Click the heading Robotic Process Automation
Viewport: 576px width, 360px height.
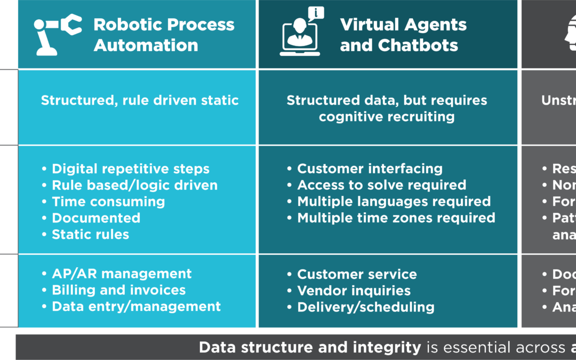(x=164, y=35)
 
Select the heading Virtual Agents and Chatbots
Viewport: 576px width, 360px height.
(x=403, y=35)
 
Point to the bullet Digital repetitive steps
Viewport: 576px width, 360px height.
(x=130, y=169)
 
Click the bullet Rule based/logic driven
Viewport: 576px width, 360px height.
(x=134, y=186)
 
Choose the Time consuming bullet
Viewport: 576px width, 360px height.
(x=108, y=202)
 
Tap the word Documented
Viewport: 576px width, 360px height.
(x=96, y=218)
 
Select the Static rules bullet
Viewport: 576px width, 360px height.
(x=90, y=234)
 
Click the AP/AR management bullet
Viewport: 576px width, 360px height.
(x=122, y=274)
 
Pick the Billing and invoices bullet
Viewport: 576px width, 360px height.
(x=118, y=290)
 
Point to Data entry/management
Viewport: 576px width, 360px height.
(x=136, y=307)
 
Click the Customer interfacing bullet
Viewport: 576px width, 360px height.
(x=370, y=169)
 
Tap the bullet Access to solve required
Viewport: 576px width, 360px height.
(x=381, y=186)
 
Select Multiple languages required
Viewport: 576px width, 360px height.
(x=394, y=202)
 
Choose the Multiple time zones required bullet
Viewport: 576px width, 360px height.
(x=396, y=218)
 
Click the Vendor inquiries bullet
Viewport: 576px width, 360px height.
(x=354, y=291)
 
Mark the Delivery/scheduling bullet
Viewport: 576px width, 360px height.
(x=365, y=307)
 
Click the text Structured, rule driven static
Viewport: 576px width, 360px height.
(x=140, y=100)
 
